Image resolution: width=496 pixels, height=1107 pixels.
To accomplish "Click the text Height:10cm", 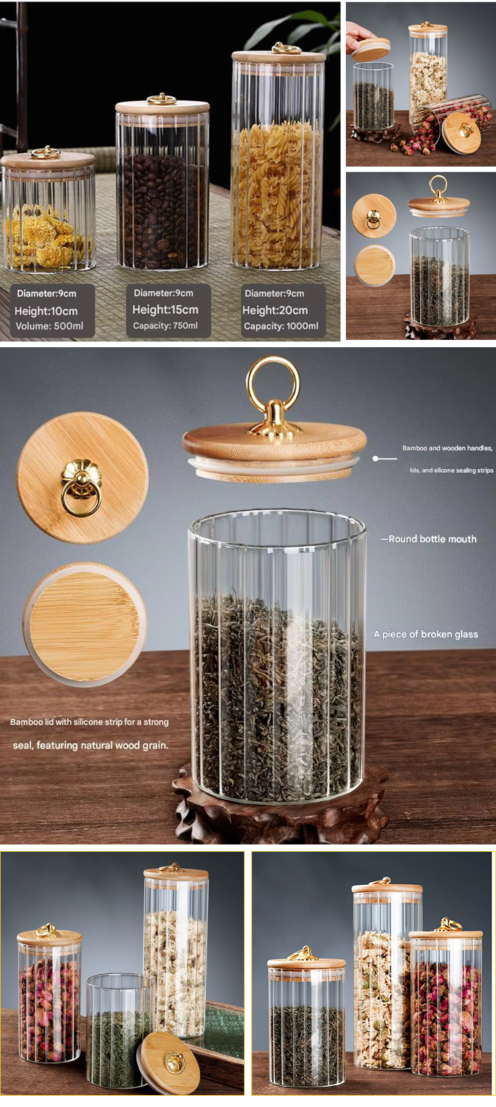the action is [46, 311].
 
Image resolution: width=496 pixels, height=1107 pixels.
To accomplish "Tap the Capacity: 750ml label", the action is [165, 325].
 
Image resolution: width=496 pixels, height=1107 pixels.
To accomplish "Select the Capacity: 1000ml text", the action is [281, 326].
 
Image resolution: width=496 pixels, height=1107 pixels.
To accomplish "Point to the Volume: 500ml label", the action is [50, 326].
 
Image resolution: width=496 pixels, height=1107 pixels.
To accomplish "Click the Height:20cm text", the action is [274, 310].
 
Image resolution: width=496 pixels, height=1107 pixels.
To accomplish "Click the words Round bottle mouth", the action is [433, 539].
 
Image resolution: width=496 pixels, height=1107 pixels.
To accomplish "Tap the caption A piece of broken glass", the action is [426, 634].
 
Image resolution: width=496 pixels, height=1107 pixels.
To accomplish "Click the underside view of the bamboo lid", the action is [85, 624].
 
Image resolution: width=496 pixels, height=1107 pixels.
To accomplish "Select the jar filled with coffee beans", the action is [162, 183].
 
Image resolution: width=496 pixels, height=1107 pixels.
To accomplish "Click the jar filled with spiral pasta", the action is [278, 158].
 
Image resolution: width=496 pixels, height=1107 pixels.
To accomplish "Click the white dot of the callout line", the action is [376, 459].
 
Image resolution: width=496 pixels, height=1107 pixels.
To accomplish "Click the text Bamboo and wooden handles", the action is [447, 448].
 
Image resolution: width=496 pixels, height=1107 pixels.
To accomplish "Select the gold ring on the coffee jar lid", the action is [161, 99].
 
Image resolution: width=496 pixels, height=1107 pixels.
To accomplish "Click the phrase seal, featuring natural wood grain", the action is [91, 745].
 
